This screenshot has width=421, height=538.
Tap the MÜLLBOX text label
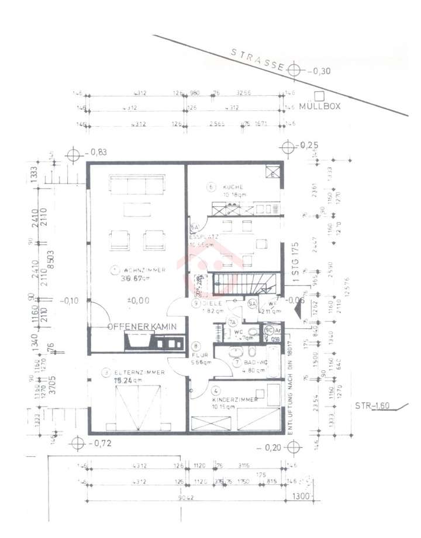click(x=319, y=107)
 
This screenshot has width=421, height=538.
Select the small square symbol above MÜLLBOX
click(x=319, y=96)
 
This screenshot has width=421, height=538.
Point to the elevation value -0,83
click(x=97, y=152)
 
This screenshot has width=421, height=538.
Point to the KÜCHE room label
click(x=233, y=188)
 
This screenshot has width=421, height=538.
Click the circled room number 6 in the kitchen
click(x=211, y=187)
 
